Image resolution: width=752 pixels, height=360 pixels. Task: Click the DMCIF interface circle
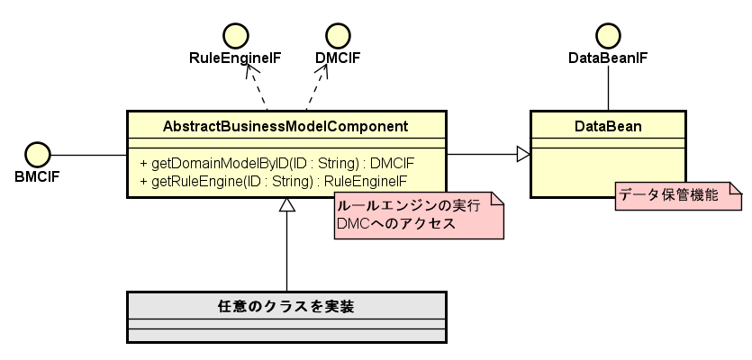pyautogui.click(x=338, y=35)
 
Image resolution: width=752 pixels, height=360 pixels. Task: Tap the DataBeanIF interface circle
pyautogui.click(x=609, y=35)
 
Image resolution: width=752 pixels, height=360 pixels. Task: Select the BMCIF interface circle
pyautogui.click(x=37, y=154)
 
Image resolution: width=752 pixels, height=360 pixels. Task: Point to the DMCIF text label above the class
pyautogui.click(x=338, y=58)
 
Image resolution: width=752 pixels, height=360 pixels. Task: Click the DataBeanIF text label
pyautogui.click(x=609, y=58)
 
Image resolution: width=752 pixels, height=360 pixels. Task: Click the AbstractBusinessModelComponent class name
pyautogui.click(x=286, y=125)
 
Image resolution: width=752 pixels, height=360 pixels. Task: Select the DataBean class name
pyautogui.click(x=608, y=125)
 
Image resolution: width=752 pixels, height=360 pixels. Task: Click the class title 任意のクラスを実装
pyautogui.click(x=286, y=306)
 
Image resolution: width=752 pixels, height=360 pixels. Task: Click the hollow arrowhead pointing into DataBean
pyautogui.click(x=522, y=155)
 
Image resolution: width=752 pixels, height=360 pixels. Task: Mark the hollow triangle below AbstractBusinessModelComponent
pyautogui.click(x=286, y=205)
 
